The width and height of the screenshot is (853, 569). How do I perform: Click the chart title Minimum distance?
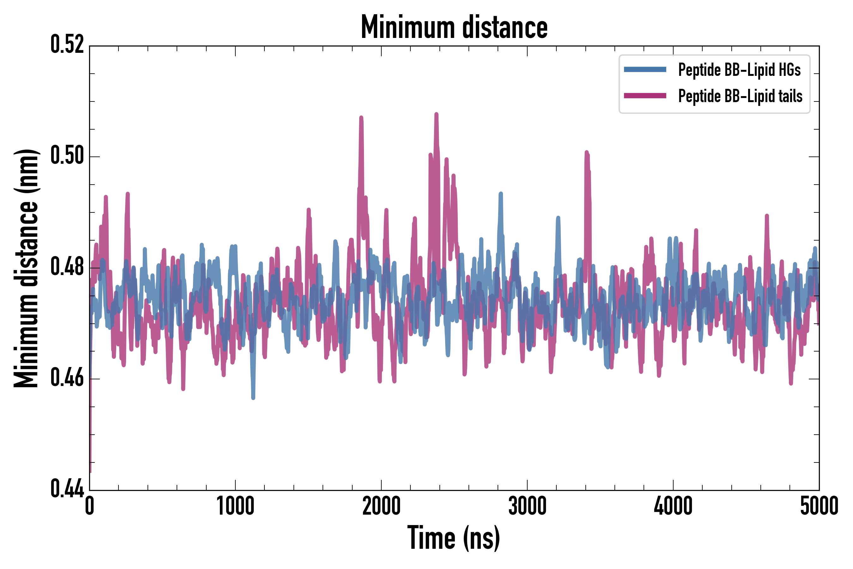coord(454,27)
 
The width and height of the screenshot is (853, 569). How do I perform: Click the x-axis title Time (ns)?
coord(454,538)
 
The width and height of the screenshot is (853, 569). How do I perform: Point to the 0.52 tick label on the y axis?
coord(67,45)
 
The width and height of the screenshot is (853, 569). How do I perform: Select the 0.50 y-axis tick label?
coord(67,156)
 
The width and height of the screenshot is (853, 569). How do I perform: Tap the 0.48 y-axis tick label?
coord(67,267)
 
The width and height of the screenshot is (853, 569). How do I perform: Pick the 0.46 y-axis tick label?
coord(67,378)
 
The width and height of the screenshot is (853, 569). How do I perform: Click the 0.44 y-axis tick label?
coord(67,489)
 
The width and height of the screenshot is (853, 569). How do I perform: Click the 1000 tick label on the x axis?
coord(235,506)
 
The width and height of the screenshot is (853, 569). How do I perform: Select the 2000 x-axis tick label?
coord(381,506)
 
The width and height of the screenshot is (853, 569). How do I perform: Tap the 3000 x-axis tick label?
coord(527,506)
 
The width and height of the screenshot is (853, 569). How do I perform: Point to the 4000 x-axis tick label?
coord(673,506)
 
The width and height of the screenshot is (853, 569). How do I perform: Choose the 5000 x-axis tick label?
coord(819,506)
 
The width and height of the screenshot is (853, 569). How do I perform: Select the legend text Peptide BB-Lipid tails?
coord(740,96)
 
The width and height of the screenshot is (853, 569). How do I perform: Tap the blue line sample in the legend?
coord(645,70)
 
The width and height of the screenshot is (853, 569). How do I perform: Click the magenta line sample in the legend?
coord(645,96)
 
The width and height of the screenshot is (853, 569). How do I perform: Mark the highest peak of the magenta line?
coord(436,114)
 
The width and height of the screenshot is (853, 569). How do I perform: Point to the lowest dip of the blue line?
coord(253,398)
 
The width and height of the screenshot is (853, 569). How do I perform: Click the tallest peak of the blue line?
coord(501,194)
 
